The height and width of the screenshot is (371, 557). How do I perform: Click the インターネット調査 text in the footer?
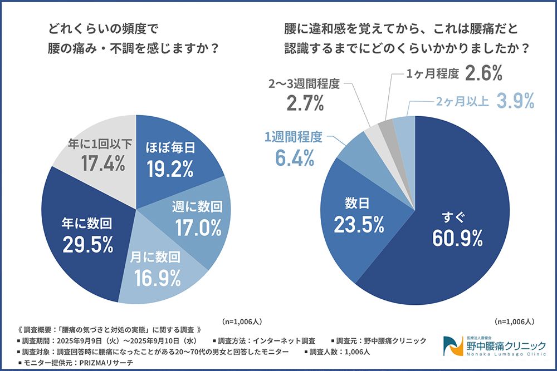tap(285, 340)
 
